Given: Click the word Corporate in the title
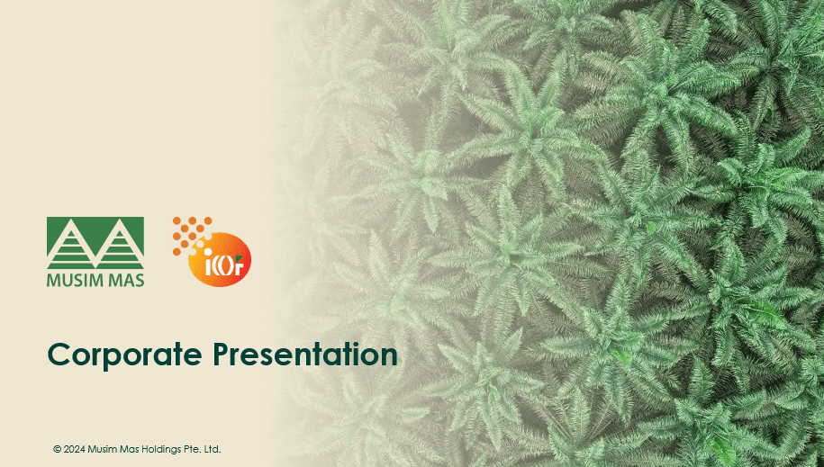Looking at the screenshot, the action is pos(125,355).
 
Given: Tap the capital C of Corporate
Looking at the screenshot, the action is pos(59,355).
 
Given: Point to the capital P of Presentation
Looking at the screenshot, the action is pos(222,354).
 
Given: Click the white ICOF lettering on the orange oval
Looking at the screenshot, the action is pos(224,266).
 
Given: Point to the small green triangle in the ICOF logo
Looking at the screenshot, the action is pos(240,258).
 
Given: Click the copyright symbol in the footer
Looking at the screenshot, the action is pos(58,449).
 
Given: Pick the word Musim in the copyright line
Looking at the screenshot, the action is pos(101,449).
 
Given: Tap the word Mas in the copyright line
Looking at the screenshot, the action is pos(128,449).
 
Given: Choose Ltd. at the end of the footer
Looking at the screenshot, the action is pos(213,449).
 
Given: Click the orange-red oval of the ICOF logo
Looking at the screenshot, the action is pos(220,259).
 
